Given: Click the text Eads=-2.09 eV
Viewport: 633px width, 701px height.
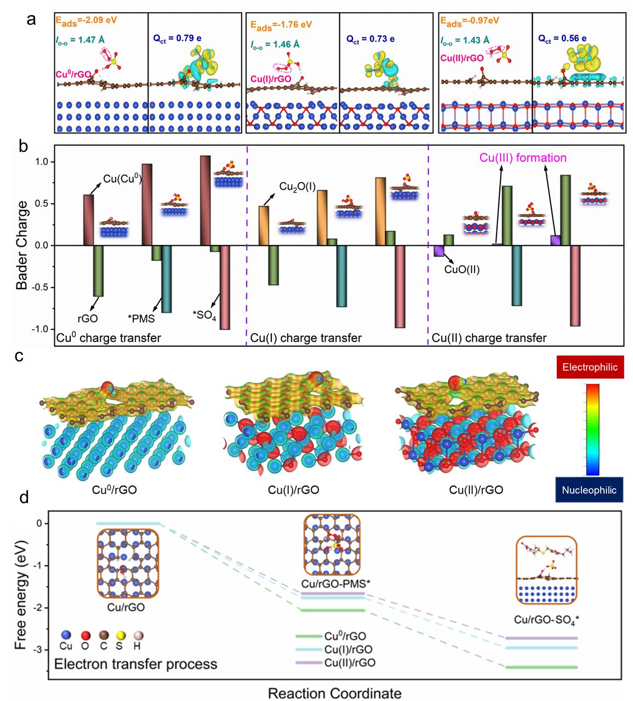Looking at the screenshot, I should point(86,21).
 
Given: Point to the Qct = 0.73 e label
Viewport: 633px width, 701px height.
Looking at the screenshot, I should point(370,39).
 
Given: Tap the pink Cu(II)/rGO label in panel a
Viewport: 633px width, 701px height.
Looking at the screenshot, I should point(462,58).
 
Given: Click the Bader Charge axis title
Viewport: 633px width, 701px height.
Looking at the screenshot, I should point(22,245).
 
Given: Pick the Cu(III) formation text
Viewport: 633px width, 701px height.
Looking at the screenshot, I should point(523,158).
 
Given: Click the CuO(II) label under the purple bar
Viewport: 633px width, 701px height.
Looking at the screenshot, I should point(462,269).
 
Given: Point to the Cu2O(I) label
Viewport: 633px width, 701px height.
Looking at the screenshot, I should point(298,186).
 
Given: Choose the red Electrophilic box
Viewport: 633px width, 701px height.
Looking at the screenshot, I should point(590,367).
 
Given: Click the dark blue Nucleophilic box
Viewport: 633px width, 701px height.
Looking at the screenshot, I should point(590,490).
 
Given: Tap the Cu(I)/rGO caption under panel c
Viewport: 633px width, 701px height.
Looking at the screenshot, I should point(293,490).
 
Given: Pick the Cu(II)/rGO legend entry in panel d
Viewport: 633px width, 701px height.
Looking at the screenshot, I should point(350,663).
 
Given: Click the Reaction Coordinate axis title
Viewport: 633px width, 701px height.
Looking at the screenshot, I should point(334,693).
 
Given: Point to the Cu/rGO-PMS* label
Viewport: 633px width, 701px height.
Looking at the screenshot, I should point(335,584).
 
